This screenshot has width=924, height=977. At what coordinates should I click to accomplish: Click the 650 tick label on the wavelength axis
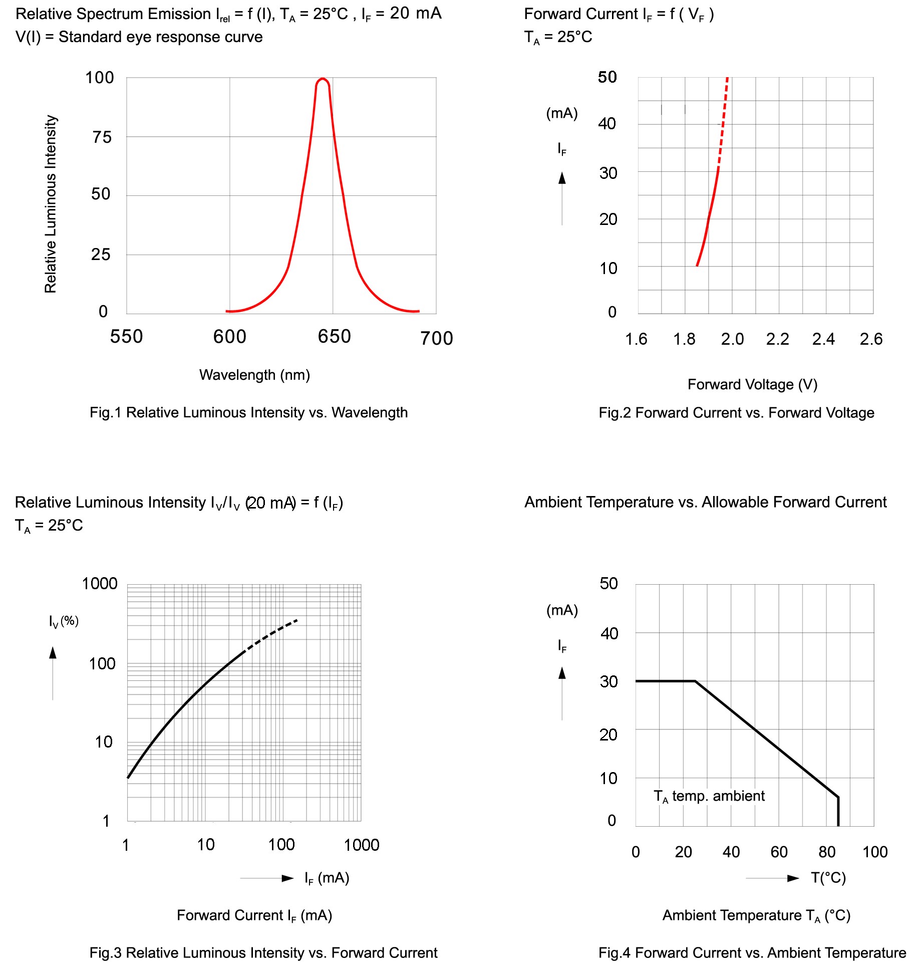coord(334,337)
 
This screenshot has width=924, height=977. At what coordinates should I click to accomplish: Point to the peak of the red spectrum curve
coord(323,79)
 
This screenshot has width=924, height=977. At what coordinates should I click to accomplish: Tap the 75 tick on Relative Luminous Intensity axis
coord(102,137)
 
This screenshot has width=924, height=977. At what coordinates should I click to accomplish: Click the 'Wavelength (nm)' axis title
coord(254,375)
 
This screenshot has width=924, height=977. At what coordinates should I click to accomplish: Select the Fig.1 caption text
coord(248,412)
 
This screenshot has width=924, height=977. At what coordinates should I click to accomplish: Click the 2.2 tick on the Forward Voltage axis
coord(777,339)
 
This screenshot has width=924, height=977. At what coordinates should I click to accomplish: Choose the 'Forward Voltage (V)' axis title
coord(752,384)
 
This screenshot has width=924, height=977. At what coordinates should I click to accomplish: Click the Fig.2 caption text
coord(736,413)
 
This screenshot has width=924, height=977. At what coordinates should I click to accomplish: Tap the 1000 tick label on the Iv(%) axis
coord(100,584)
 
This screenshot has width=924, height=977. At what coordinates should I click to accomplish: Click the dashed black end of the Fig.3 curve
coord(273,633)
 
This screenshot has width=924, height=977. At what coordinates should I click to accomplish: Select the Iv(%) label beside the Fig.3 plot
coord(64,621)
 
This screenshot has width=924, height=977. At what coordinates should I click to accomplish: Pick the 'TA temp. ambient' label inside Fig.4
coord(709,796)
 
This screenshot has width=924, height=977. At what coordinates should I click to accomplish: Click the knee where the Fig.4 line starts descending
coord(695,681)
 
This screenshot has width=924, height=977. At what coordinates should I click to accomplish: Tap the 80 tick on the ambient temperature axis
coord(827,852)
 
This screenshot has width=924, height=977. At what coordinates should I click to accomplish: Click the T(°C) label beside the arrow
coord(828,878)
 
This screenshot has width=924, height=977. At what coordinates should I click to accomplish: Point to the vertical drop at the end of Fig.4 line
coord(838,812)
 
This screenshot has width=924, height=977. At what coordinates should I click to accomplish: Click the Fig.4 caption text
coord(752,952)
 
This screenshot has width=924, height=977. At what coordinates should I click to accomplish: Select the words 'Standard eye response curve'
coord(160,37)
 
